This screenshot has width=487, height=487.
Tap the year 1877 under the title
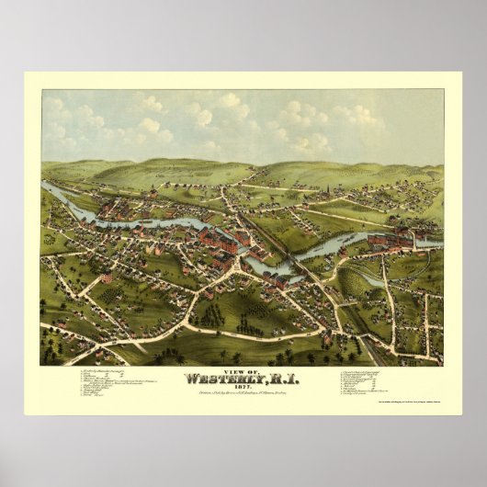pos(242,389)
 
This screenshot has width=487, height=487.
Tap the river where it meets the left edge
pos(46,187)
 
